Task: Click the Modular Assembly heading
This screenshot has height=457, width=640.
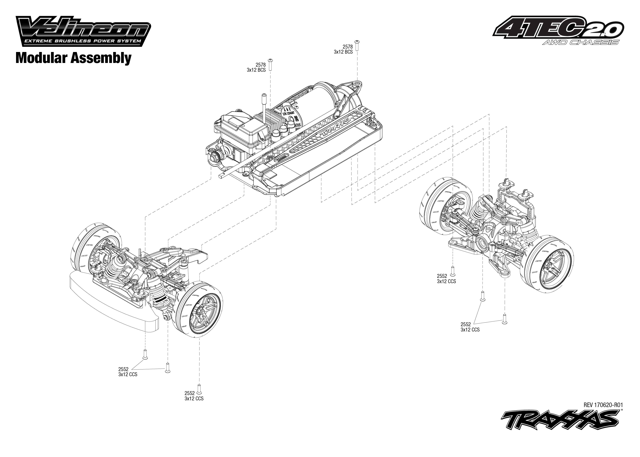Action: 73,58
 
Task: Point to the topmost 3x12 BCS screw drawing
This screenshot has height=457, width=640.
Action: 357,45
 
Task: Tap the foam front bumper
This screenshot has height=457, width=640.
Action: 113,300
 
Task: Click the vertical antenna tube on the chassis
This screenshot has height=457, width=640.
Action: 265,108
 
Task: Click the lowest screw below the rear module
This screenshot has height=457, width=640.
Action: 504,319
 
